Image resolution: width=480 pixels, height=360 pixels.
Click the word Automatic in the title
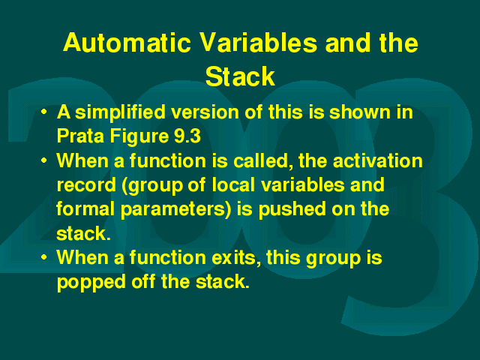pos(127,43)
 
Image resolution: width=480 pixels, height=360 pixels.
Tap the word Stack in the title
pos(240,76)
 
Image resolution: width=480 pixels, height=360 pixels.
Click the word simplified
pos(120,112)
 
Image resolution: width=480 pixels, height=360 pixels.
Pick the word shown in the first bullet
pos(359,112)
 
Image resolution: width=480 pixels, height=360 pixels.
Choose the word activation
pos(378,160)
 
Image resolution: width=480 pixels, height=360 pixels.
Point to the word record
pos(86,185)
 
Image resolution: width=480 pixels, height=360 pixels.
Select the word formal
pos(85,208)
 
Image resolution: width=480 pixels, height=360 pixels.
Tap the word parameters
pos(176,210)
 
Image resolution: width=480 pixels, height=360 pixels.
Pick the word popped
pos(91,283)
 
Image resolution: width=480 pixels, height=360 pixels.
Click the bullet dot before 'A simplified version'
pos(44,112)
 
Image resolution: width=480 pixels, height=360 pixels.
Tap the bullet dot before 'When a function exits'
pos(44,257)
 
